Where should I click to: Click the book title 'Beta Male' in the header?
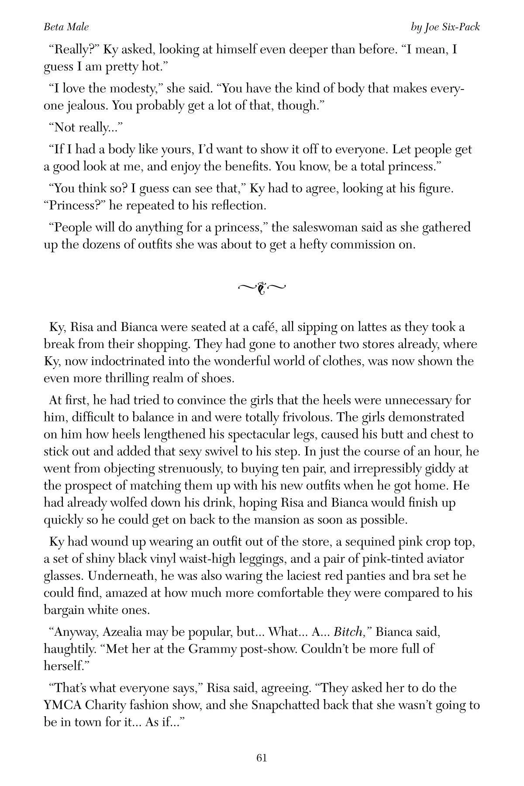click(x=66, y=27)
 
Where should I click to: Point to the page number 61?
click(x=262, y=758)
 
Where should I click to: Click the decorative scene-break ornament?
click(x=262, y=287)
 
